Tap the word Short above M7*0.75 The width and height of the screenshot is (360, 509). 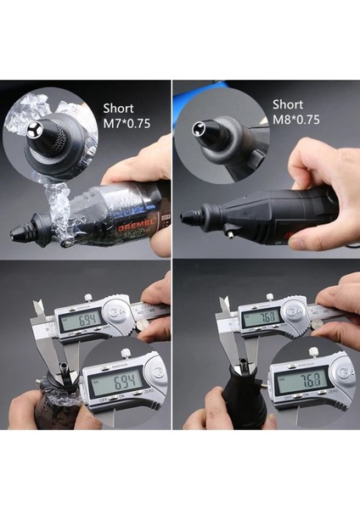(118, 109)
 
